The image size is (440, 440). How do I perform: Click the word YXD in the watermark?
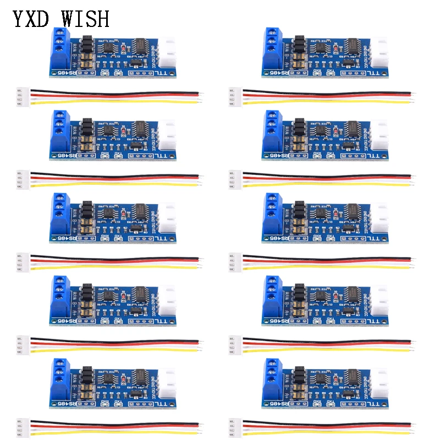coord(32,19)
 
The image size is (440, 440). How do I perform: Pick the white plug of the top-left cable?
coord(20,95)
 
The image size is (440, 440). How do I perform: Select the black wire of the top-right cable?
coord(324,92)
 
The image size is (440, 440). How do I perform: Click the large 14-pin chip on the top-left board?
coord(142,46)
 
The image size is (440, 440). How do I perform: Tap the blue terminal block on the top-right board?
coord(273,52)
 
